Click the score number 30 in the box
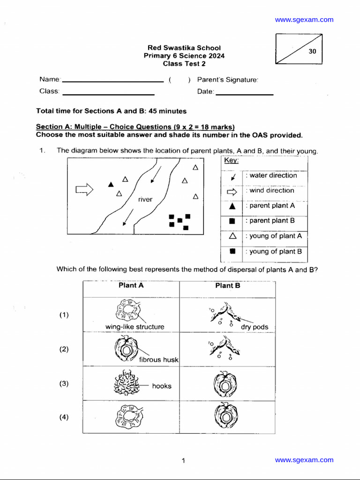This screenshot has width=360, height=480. (x=313, y=52)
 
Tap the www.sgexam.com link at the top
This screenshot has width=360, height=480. (x=304, y=20)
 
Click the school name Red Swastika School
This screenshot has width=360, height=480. (x=184, y=48)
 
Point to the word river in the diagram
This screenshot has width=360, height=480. (x=145, y=200)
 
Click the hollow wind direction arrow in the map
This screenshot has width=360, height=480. (x=84, y=189)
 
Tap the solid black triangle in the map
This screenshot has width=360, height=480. (x=111, y=184)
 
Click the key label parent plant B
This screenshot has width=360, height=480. (x=272, y=221)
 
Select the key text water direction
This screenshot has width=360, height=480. (x=273, y=175)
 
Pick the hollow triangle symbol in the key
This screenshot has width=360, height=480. (x=232, y=236)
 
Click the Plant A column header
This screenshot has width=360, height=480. (x=131, y=285)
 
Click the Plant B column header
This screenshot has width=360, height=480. (x=227, y=285)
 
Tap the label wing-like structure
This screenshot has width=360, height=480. (x=135, y=327)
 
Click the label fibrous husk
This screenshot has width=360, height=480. (x=159, y=360)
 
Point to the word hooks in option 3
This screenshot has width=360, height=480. (x=162, y=386)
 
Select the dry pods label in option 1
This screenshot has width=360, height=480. (x=255, y=327)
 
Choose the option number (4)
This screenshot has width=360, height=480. (x=64, y=417)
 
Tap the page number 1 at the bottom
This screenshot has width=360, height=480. (x=183, y=461)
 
